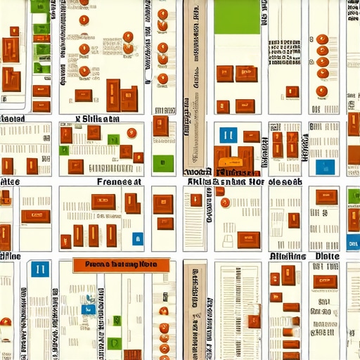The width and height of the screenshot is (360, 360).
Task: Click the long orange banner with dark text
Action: click(121, 265)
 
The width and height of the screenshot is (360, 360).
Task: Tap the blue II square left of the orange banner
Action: click(40, 268)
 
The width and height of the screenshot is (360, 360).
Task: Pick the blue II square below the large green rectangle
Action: click(226, 135)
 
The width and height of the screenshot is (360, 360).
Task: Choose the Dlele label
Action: click(328, 257)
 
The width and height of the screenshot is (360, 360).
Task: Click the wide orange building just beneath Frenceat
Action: click(103, 201)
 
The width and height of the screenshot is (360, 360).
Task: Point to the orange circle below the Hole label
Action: click(225, 202)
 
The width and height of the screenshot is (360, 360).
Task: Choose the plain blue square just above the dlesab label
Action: click(323, 166)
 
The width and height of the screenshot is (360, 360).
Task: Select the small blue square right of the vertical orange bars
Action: click(137, 238)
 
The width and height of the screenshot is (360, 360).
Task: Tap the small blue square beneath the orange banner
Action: click(88, 309)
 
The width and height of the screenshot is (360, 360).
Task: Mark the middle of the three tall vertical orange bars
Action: click(94, 235)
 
